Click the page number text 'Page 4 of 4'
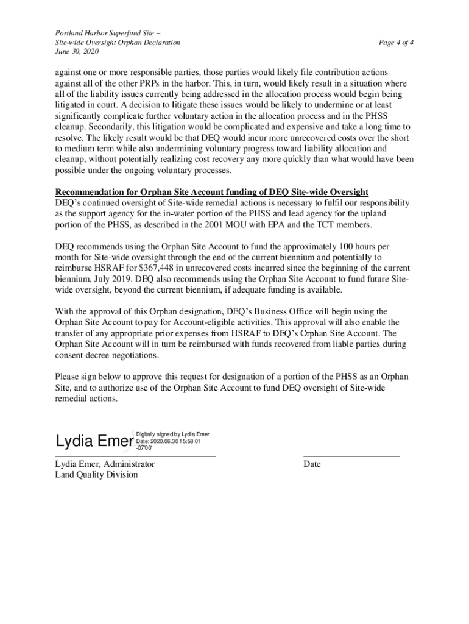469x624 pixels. (x=396, y=43)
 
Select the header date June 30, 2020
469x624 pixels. (x=77, y=53)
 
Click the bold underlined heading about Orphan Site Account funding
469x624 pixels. (x=212, y=192)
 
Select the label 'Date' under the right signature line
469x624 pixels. (x=312, y=464)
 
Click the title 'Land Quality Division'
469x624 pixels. (x=97, y=475)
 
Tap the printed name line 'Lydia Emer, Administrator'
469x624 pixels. (x=105, y=464)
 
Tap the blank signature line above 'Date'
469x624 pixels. (x=351, y=456)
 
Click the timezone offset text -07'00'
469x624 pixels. (x=145, y=448)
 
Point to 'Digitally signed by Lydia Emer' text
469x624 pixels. (x=173, y=434)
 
